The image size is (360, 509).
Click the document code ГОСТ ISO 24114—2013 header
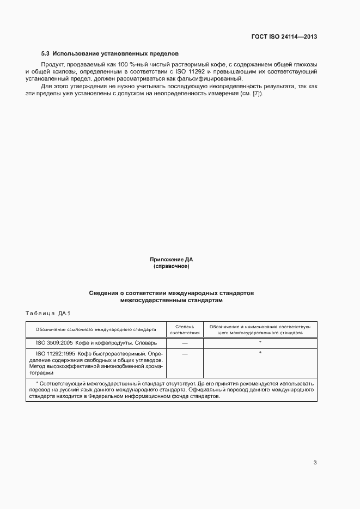point(284,37)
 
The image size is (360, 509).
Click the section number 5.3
point(46,54)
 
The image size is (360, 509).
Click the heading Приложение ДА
point(172,260)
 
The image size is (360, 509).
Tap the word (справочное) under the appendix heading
point(172,266)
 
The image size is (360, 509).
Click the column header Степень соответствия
point(185,329)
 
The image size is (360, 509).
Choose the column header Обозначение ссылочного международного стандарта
point(96,329)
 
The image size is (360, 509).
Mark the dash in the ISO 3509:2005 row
point(185,343)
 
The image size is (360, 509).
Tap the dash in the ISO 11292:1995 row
point(185,354)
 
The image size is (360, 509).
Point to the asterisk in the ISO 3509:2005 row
point(260,342)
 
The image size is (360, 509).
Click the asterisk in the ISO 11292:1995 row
point(260,353)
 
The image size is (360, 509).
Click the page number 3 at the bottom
point(315,463)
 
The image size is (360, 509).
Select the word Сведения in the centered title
point(105,293)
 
